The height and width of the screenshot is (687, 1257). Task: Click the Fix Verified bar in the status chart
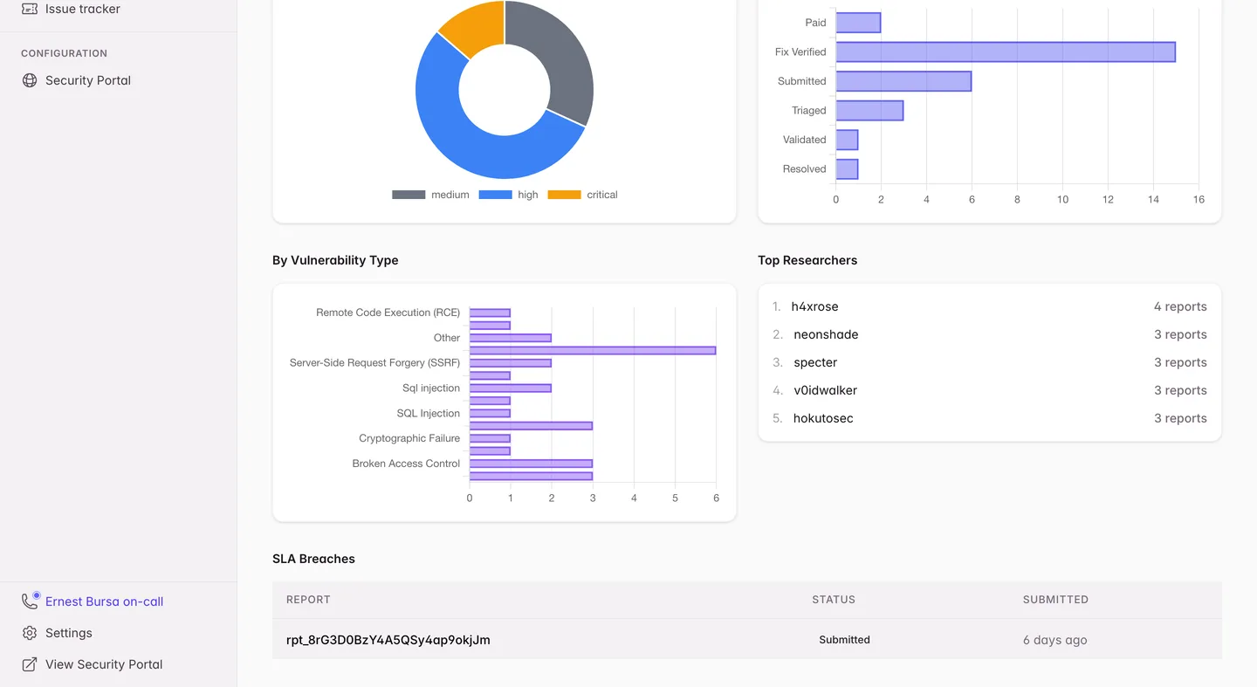click(x=1006, y=52)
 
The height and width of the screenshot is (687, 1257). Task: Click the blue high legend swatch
click(x=495, y=195)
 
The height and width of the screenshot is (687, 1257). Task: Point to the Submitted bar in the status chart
click(x=903, y=81)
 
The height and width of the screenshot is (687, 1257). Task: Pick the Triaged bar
click(x=869, y=111)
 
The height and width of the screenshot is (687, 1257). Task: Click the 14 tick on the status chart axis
click(x=1153, y=199)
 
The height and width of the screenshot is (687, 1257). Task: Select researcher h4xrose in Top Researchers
click(x=814, y=306)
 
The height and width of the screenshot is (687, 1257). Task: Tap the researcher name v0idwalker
click(x=825, y=390)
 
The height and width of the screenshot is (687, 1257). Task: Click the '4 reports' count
click(x=1180, y=306)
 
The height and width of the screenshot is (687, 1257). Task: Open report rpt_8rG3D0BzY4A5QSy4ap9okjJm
click(x=388, y=640)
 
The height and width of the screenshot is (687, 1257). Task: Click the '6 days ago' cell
click(x=1055, y=640)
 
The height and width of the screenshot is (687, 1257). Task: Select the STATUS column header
click(x=834, y=600)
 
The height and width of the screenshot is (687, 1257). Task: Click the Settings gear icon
click(x=30, y=633)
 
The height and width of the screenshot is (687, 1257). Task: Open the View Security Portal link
click(x=104, y=664)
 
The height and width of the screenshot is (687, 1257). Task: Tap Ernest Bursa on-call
click(x=105, y=601)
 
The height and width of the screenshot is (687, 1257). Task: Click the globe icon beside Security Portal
click(x=30, y=80)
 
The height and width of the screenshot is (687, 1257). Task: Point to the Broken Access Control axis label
click(x=406, y=464)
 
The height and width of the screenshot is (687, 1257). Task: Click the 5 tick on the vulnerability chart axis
click(x=675, y=498)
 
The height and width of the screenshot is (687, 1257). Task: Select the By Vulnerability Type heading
click(x=335, y=260)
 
